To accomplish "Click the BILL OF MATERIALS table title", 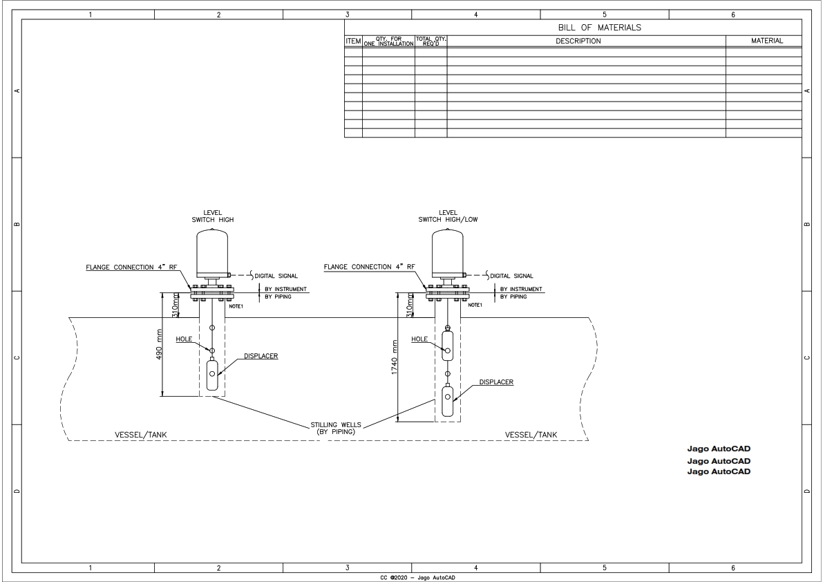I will coord(600,28).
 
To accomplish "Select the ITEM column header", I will coord(353,41).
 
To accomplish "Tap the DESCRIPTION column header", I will coord(578,41).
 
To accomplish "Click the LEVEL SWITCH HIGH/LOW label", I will coord(448,216).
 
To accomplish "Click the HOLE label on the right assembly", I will coord(419,339).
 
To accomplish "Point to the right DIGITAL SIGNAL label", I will coord(511,276).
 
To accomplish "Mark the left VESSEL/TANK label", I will coord(141,435).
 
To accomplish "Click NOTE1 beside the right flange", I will coord(475,305).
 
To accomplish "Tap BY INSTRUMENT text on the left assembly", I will coord(286,289).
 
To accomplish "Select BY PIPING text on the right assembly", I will coord(513,297).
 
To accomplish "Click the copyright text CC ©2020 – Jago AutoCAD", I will coord(412,577).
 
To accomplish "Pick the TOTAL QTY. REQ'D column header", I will coord(431,41).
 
